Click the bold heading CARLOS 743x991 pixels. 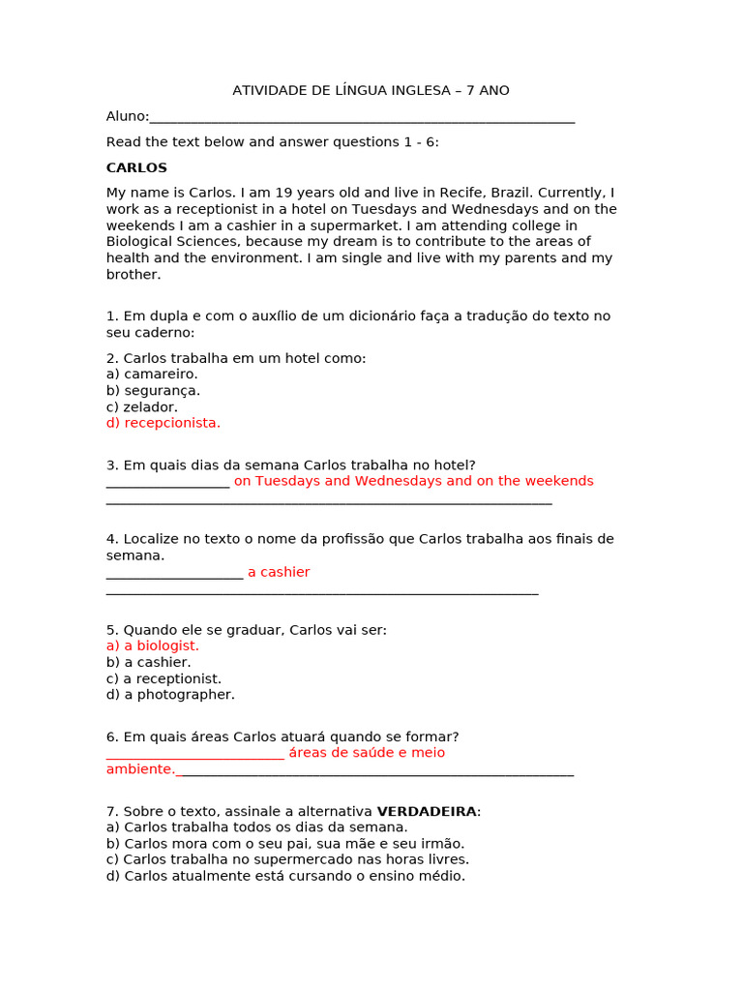(136, 168)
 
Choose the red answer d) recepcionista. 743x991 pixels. (163, 423)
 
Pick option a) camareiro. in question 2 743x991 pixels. (152, 374)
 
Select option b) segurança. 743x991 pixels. (153, 390)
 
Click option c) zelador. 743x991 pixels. (142, 406)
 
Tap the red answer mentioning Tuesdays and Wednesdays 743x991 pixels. (413, 481)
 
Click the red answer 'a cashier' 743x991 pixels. (279, 572)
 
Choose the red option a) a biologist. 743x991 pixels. (153, 646)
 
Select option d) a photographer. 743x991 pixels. (170, 695)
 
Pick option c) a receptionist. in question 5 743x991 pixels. (163, 678)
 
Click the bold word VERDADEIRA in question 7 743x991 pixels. (426, 811)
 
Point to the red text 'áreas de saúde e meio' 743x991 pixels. (367, 753)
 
